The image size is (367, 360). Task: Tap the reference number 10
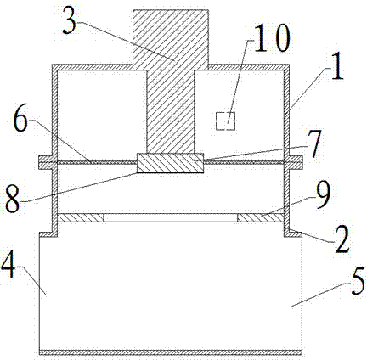[x=272, y=37]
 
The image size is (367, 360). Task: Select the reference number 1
[x=337, y=69]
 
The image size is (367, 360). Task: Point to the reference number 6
[x=21, y=121]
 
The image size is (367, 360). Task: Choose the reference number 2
[x=342, y=240]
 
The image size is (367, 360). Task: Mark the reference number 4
[x=8, y=267]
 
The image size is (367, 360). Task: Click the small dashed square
[x=225, y=121]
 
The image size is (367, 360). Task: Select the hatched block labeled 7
[x=170, y=163]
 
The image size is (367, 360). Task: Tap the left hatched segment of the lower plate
[x=81, y=217]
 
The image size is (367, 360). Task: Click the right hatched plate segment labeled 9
[x=261, y=217]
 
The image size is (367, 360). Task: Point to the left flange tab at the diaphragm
[x=45, y=163]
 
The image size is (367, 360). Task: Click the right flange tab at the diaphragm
[x=296, y=163]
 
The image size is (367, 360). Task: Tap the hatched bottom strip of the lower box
[x=171, y=352]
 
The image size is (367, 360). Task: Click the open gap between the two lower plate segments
[x=171, y=217]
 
